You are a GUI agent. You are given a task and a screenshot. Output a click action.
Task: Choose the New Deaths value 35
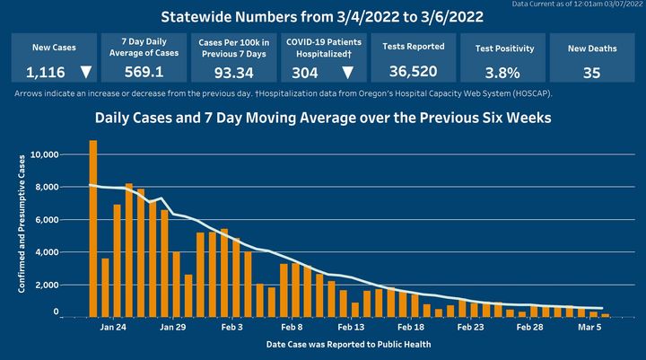pyautogui.click(x=591, y=73)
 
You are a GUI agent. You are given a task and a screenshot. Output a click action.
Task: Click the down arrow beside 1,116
pyautogui.click(x=85, y=73)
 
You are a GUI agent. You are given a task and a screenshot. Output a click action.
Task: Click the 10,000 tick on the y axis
pyautogui.click(x=44, y=155)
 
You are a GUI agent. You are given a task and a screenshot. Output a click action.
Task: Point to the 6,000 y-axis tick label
pyautogui.click(x=47, y=220)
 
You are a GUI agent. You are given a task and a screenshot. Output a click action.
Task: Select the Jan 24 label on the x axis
pyautogui.click(x=112, y=329)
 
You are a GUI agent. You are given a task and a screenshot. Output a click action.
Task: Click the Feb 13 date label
pyautogui.click(x=352, y=329)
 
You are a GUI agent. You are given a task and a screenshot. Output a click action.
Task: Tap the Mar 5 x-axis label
pyautogui.click(x=589, y=329)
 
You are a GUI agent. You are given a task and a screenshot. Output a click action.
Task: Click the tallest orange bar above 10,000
pyautogui.click(x=93, y=228)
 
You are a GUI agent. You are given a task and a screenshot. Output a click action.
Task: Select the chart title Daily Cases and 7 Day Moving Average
pyautogui.click(x=324, y=118)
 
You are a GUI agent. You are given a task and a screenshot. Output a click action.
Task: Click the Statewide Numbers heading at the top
pyautogui.click(x=323, y=16)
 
